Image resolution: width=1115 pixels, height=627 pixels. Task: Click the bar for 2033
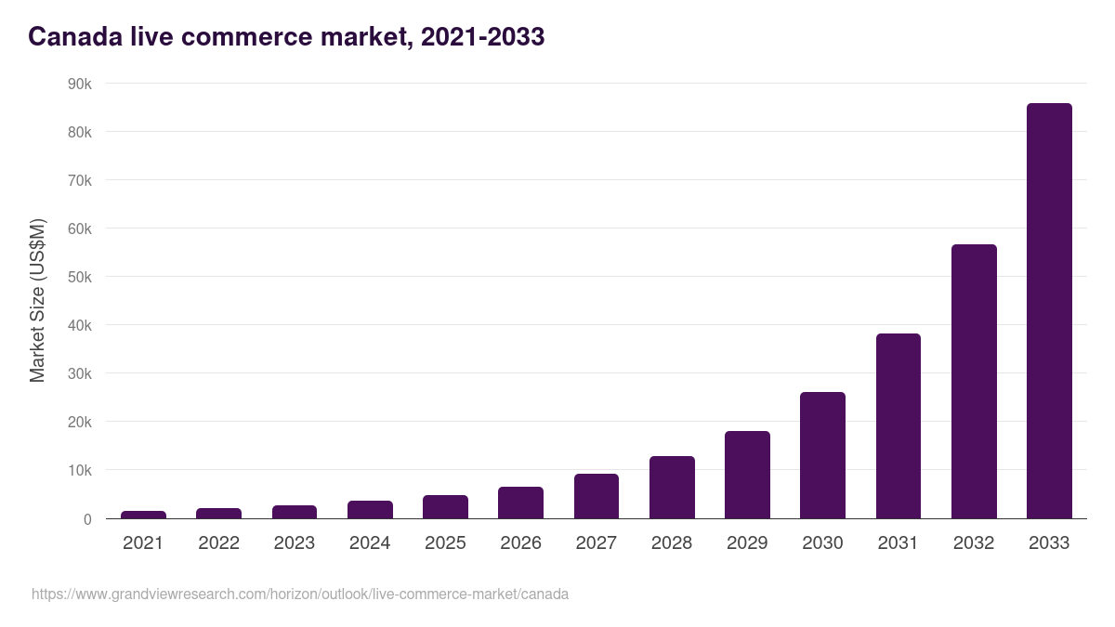1049,311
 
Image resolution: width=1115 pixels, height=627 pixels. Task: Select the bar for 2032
974,382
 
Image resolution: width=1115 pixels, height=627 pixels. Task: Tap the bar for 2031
898,426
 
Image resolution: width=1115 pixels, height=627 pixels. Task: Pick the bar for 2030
822,455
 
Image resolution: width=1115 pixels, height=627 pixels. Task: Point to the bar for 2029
747,475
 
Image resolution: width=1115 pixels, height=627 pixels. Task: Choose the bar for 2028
672,488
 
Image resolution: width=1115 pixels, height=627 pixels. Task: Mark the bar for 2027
596,496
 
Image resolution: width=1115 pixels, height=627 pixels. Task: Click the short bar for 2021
143,515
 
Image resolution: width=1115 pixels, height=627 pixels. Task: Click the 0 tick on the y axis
87,519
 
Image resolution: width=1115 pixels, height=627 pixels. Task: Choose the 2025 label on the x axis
445,543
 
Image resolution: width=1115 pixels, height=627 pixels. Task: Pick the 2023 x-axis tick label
295,543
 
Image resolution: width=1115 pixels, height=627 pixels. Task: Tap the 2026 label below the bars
520,543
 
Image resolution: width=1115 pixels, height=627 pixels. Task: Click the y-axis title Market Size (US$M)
37,301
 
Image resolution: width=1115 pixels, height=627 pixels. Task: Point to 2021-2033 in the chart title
482,37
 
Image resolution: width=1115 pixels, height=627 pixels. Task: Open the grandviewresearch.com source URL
300,594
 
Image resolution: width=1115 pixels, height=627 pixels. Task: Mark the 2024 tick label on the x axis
370,543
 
